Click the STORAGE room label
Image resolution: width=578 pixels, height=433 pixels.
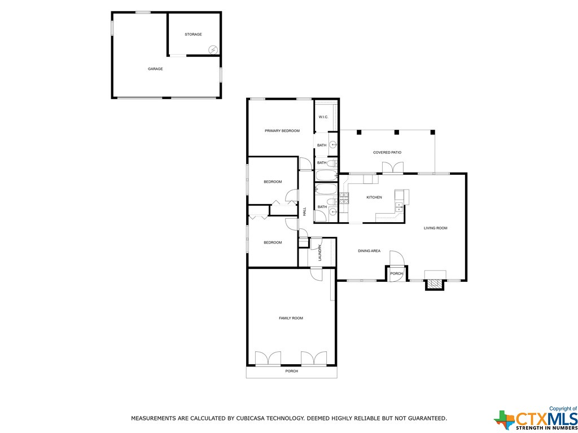(x=193, y=34)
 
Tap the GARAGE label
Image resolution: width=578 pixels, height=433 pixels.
(x=155, y=69)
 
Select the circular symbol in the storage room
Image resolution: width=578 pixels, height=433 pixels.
(x=213, y=50)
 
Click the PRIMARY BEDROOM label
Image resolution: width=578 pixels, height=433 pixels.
(x=282, y=131)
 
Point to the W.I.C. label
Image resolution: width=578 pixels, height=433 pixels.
(x=323, y=117)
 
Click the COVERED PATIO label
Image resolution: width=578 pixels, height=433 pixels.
(x=387, y=152)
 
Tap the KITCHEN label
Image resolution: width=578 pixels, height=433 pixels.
(x=374, y=198)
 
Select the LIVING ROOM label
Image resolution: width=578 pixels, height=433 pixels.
(x=435, y=228)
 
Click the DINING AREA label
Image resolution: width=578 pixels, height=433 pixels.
(x=369, y=251)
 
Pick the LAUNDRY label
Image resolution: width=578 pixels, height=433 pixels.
(x=321, y=253)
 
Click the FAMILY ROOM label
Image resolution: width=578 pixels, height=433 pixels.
(x=291, y=318)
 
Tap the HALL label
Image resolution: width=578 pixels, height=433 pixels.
(x=304, y=212)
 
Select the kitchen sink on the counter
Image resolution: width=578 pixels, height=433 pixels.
(x=399, y=207)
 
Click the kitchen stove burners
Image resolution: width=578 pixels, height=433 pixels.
(x=344, y=199)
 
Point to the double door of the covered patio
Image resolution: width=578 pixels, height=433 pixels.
(x=393, y=167)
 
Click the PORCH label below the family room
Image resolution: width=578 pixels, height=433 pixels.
(x=292, y=371)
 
